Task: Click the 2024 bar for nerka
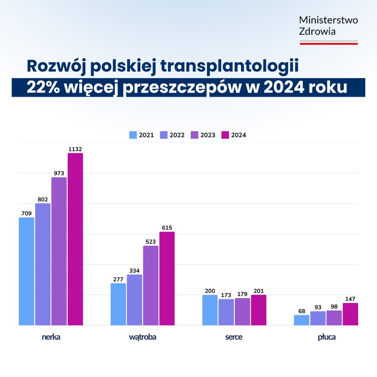pos(75,239)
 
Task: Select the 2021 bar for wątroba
pos(118,304)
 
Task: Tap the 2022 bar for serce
pos(226,312)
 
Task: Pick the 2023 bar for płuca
pos(334,318)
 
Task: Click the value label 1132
pos(75,149)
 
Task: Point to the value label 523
pos(151,241)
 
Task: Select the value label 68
pos(302,310)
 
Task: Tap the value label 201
pos(258,290)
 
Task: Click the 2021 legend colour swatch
pos(133,135)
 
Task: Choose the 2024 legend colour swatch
pos(225,135)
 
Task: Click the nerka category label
pos(51,337)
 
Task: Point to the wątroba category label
pos(142,337)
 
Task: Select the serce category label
pos(234,337)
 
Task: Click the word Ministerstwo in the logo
pos(328,20)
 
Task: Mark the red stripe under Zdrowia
pos(328,43)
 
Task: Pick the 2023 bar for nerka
pos(59,251)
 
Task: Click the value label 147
pos(350,299)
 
